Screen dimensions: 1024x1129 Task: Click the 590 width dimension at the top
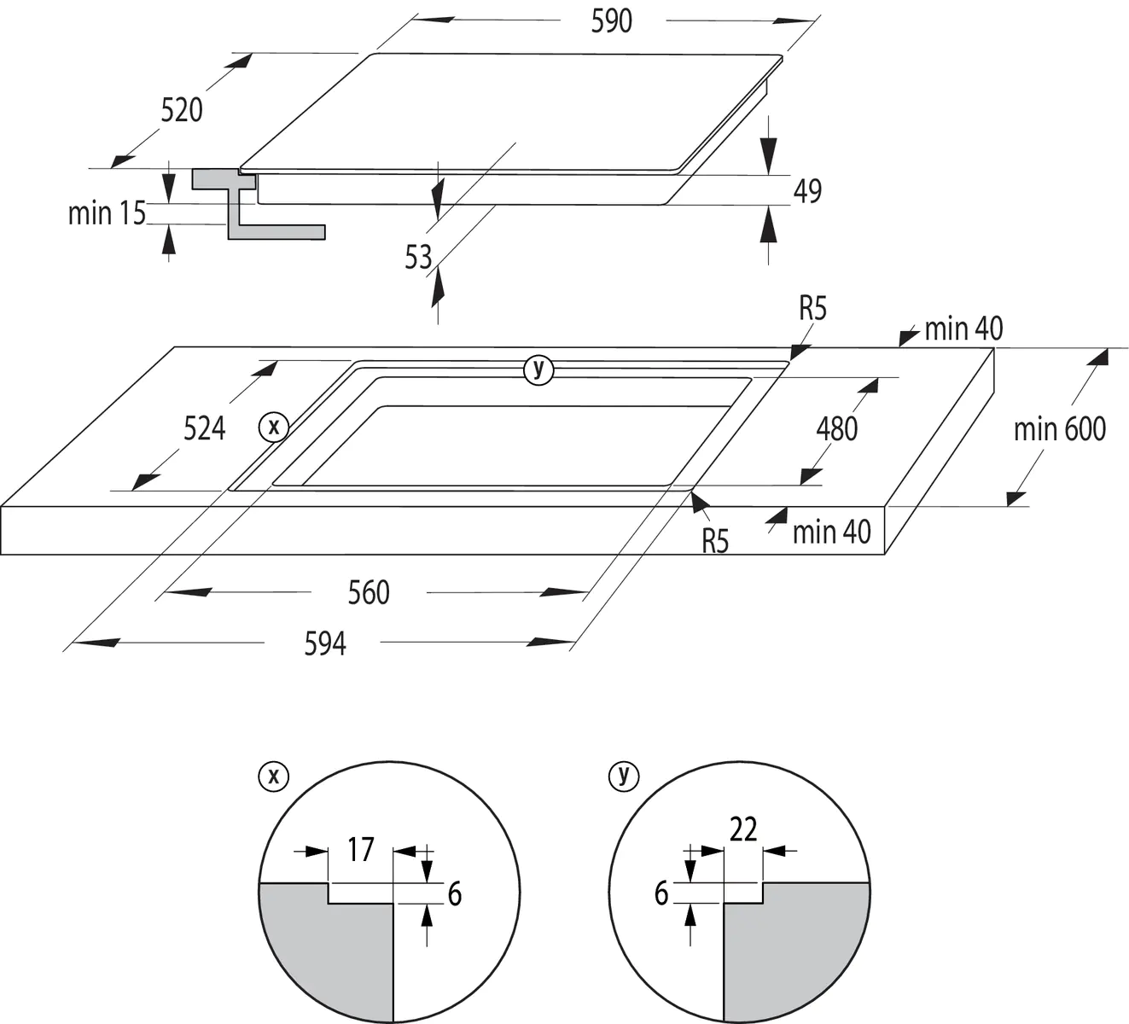[611, 20]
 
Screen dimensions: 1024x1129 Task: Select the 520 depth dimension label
[182, 110]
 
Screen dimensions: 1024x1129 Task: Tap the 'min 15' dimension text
[107, 212]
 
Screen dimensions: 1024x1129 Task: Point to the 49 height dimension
[807, 190]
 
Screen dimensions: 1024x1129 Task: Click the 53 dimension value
[419, 257]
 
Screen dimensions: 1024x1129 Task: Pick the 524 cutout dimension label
[205, 428]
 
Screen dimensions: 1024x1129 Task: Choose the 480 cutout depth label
[836, 428]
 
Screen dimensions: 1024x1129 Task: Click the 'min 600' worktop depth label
[1059, 428]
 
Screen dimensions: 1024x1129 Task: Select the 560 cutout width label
[369, 592]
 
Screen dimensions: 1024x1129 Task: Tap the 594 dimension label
[325, 643]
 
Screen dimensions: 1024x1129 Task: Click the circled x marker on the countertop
[274, 426]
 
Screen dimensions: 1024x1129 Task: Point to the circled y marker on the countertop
[538, 369]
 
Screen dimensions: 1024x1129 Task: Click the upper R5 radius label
[812, 308]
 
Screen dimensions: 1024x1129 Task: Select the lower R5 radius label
[715, 541]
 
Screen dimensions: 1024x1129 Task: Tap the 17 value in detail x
[361, 849]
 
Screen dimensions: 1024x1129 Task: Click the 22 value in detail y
[743, 829]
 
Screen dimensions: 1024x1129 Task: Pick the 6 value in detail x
[454, 893]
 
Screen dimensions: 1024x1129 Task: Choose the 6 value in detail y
[661, 893]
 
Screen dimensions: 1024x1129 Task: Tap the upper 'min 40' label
[963, 329]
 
